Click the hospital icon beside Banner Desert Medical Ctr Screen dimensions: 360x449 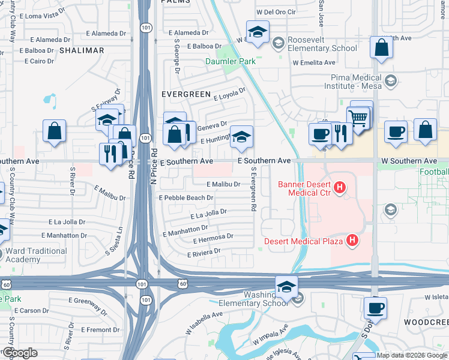(x=340, y=188)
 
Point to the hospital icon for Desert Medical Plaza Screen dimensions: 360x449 (x=352, y=241)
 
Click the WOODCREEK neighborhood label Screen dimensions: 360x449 (x=426, y=322)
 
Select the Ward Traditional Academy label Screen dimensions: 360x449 (x=37, y=255)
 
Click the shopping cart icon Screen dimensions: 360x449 (x=358, y=118)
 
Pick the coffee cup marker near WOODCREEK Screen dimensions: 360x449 (x=376, y=308)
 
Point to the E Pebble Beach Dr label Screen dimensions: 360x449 (x=185, y=197)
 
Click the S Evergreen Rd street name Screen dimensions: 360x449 (x=254, y=188)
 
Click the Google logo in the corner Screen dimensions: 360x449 (x=20, y=353)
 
